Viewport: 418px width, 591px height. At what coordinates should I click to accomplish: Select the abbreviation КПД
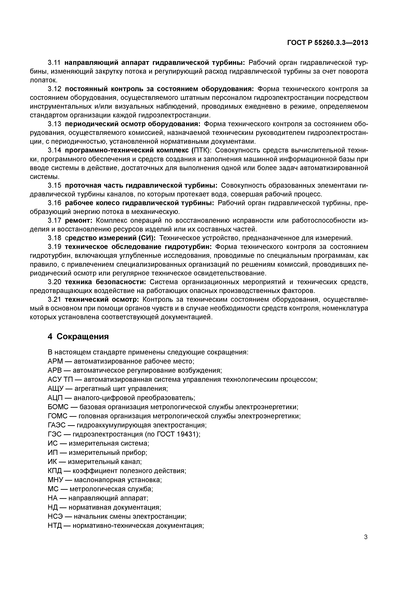click(55, 471)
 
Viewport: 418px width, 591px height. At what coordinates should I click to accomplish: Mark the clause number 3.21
click(54, 300)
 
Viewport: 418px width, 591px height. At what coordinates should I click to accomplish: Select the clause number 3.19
click(54, 247)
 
